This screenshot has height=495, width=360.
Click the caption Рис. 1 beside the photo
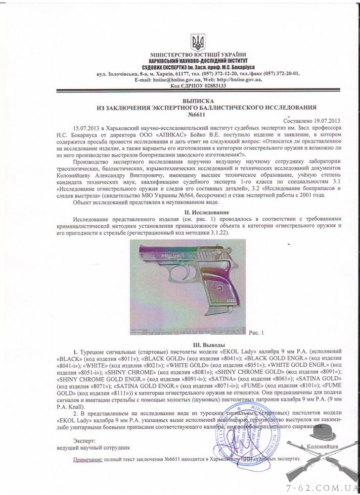[257, 333]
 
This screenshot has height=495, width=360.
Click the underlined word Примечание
[88, 459]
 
